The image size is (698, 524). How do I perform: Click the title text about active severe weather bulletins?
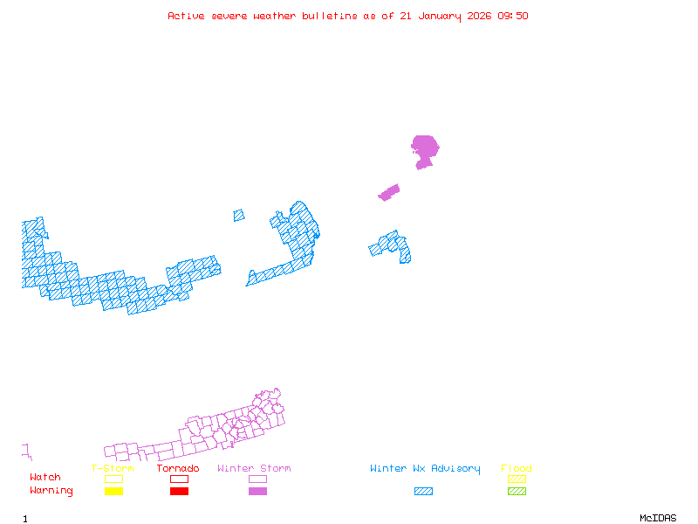(x=348, y=16)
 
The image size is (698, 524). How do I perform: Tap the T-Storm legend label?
(x=113, y=469)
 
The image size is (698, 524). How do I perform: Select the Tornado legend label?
(x=178, y=469)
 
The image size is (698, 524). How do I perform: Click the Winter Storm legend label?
(x=254, y=469)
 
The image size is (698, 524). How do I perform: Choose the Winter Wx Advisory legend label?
(x=425, y=469)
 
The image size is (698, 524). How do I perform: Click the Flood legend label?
(x=517, y=469)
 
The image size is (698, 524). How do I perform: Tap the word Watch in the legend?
(x=45, y=478)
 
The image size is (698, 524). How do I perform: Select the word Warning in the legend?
(x=51, y=491)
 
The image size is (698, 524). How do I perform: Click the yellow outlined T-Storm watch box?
(x=113, y=479)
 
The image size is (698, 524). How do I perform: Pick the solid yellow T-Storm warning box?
(x=113, y=491)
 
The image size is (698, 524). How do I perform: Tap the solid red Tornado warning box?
(x=179, y=491)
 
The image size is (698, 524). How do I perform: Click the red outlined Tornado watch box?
(x=179, y=479)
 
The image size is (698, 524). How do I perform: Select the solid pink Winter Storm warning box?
(x=257, y=491)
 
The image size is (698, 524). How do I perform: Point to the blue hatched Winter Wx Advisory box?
(x=423, y=491)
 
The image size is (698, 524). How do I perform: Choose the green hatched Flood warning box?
(x=517, y=491)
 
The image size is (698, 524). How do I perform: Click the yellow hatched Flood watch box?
(x=517, y=479)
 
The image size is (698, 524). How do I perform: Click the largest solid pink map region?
(x=425, y=148)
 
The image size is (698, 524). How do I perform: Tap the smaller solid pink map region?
(x=389, y=192)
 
